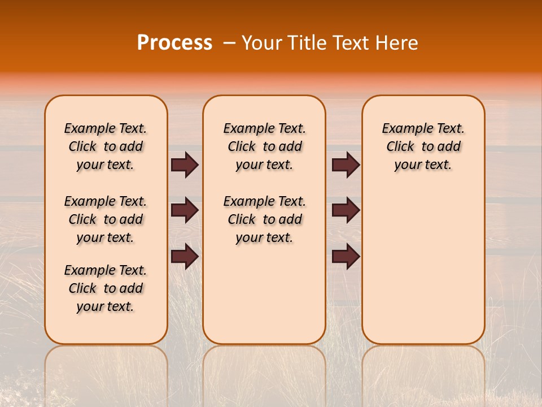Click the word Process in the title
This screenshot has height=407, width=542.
(174, 43)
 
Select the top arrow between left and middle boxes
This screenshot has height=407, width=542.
(185, 164)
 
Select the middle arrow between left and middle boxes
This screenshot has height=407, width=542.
(185, 210)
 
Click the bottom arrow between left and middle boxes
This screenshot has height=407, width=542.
(185, 256)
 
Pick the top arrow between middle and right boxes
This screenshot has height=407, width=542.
(346, 164)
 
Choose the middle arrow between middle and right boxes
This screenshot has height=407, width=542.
(346, 210)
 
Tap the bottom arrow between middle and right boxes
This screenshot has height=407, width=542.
(346, 256)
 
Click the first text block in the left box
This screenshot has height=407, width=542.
(106, 146)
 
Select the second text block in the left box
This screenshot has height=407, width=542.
(106, 219)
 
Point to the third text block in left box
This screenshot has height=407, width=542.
(106, 288)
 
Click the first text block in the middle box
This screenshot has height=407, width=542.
(264, 146)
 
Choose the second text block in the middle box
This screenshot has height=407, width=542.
(264, 219)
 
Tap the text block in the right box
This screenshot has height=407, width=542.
(423, 146)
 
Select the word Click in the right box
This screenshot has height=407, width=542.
(400, 147)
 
